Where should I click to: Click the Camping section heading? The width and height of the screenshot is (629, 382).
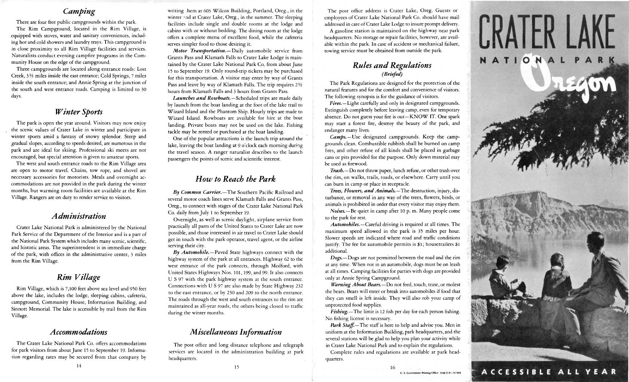click(79, 11)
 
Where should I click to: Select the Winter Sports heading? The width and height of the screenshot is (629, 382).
click(79, 112)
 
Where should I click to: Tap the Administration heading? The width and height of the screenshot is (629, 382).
click(79, 216)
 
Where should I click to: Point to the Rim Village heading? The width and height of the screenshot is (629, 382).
click(79, 277)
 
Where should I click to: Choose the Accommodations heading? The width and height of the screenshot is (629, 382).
click(79, 332)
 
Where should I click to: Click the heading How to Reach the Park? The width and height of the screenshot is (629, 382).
click(236, 179)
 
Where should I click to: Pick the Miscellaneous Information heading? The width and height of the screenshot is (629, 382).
click(236, 332)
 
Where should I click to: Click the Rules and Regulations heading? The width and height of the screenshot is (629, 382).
click(392, 65)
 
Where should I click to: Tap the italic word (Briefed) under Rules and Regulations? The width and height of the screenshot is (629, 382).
click(392, 74)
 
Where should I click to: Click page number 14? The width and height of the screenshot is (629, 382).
click(79, 366)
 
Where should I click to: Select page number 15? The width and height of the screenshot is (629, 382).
click(236, 367)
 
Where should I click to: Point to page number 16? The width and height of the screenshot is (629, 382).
click(392, 367)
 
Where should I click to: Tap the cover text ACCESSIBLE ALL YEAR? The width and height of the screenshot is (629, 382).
click(549, 372)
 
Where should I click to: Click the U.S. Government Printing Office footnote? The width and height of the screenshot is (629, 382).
click(432, 373)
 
